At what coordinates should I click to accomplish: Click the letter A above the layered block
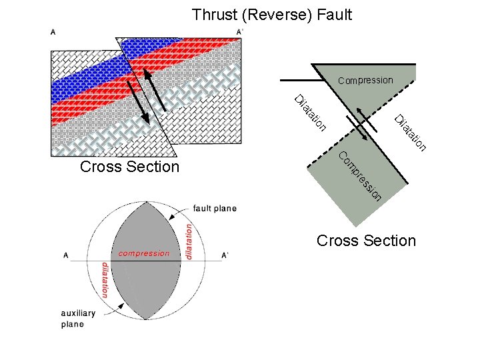pyautogui.click(x=53, y=31)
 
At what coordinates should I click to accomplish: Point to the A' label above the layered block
pyautogui.click(x=240, y=31)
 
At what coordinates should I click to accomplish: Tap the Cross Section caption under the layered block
pyautogui.click(x=129, y=167)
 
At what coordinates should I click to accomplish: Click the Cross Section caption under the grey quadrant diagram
pyautogui.click(x=366, y=241)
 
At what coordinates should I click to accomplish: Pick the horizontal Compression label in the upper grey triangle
pyautogui.click(x=365, y=81)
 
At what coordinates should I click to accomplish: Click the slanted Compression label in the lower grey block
pyautogui.click(x=359, y=177)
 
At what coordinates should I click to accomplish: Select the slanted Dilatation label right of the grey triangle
pyautogui.click(x=410, y=133)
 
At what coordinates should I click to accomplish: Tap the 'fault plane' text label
pyautogui.click(x=215, y=209)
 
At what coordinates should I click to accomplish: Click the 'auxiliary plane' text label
pyautogui.click(x=78, y=319)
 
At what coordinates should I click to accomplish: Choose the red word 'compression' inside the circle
pyautogui.click(x=144, y=253)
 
